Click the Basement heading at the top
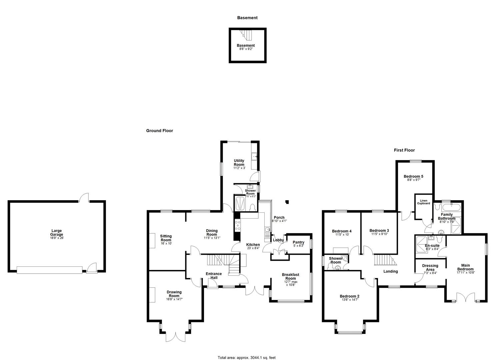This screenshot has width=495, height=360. [247, 18]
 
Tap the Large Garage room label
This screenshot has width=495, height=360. [57, 233]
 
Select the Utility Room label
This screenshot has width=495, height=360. [239, 163]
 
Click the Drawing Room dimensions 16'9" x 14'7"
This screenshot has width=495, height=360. [174, 299]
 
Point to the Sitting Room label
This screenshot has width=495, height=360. [166, 238]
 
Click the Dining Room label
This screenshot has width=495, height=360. [212, 232]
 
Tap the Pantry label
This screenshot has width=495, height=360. [298, 242]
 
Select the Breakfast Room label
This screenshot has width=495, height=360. [290, 276]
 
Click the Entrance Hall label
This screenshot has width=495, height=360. [214, 276]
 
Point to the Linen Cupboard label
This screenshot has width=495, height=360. [423, 202]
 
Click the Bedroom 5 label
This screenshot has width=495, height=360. [413, 176]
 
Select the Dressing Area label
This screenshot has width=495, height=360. [430, 268]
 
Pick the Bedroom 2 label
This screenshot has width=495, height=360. [349, 296]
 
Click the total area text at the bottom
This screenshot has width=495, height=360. [247, 358]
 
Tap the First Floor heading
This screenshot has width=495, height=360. [404, 150]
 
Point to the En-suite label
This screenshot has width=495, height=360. [432, 246]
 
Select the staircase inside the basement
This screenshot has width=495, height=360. [246, 33]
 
